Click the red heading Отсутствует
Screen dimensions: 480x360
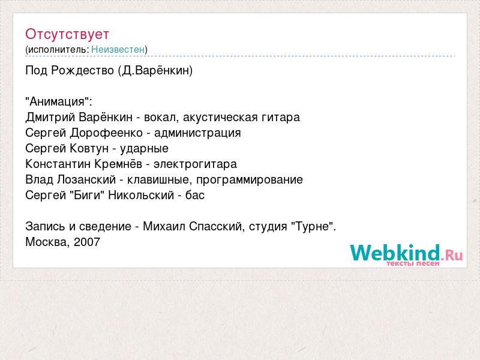(x=67, y=34)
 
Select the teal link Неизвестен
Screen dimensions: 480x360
(x=118, y=49)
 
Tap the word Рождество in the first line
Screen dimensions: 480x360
(x=82, y=71)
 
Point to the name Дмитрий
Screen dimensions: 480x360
(x=50, y=118)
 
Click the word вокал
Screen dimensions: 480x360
(x=161, y=118)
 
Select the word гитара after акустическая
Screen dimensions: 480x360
(x=281, y=118)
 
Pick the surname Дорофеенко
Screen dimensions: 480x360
(x=107, y=133)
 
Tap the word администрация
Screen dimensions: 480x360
(x=197, y=133)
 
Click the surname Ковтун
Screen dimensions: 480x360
(x=89, y=148)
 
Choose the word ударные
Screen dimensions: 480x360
(x=144, y=149)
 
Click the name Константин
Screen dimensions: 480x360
(x=58, y=164)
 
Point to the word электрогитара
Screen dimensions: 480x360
(x=196, y=164)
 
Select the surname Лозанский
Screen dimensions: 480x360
(x=86, y=179)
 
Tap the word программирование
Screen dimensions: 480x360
(x=250, y=180)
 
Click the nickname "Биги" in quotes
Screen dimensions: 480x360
(x=88, y=196)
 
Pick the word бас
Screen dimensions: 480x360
(x=195, y=196)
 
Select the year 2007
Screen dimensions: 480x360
(x=87, y=242)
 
